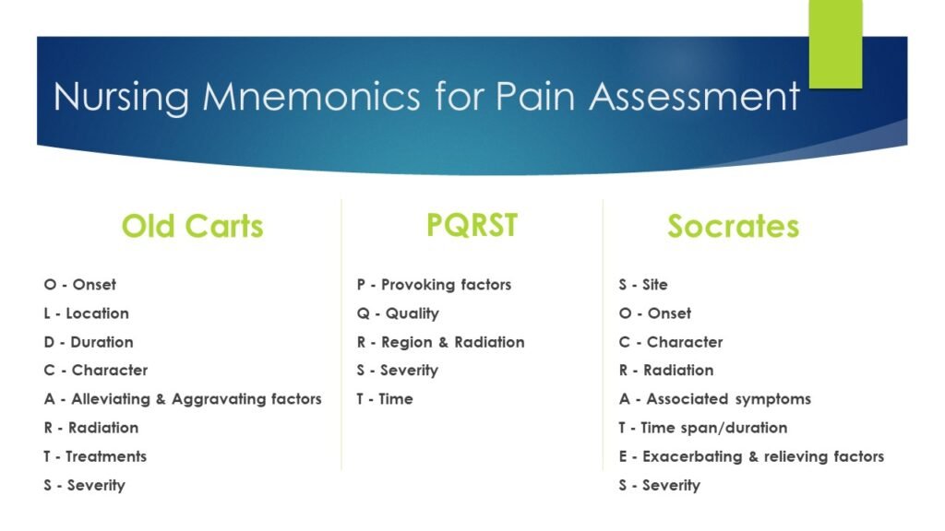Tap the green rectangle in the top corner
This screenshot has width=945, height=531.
tap(835, 43)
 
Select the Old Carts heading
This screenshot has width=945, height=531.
tap(192, 226)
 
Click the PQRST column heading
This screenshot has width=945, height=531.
tap(472, 225)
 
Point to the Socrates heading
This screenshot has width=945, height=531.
tap(733, 226)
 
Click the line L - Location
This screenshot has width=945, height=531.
tap(86, 313)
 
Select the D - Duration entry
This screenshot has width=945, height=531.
tap(89, 342)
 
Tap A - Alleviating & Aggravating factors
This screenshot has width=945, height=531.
tap(183, 399)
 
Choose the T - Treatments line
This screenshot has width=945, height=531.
tap(95, 456)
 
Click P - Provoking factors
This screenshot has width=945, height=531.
tap(434, 285)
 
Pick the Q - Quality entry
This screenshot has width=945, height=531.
tap(398, 313)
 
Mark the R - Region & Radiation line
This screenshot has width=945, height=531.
tap(440, 342)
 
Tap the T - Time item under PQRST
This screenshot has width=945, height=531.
tap(385, 399)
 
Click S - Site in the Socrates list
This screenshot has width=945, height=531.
tap(643, 285)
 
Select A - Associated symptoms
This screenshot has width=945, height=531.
tap(714, 399)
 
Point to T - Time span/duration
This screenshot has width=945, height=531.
tap(702, 428)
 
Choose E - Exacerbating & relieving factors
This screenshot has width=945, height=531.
tap(751, 456)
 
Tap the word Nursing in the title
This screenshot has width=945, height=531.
tap(121, 97)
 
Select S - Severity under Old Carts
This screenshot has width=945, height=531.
tap(84, 485)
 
